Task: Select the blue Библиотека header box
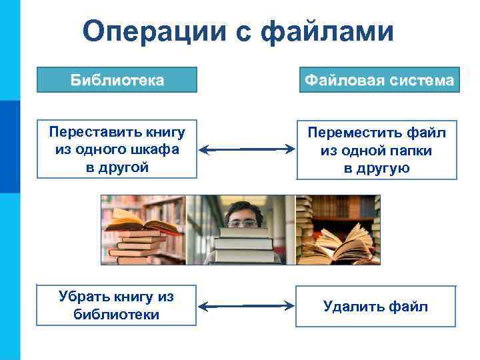pyautogui.click(x=117, y=81)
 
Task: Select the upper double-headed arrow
pyautogui.click(x=247, y=149)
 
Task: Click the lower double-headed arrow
pyautogui.click(x=247, y=307)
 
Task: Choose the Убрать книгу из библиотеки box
pyautogui.click(x=117, y=305)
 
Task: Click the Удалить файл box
pyautogui.click(x=376, y=306)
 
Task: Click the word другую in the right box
pyautogui.click(x=377, y=169)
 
